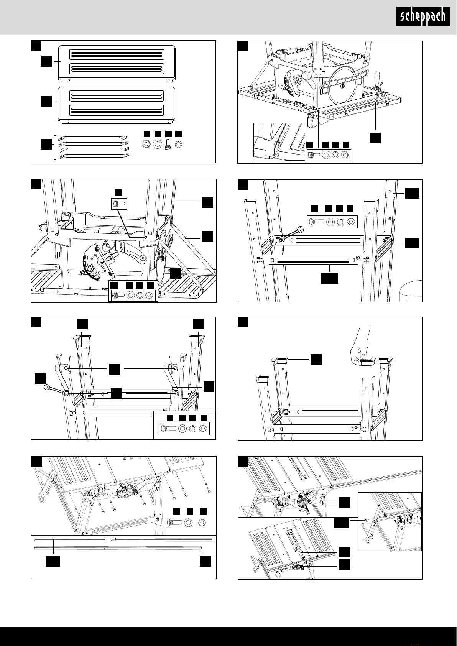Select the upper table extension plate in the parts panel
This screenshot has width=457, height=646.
[x=117, y=62]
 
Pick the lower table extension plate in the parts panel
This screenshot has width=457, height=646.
[x=117, y=104]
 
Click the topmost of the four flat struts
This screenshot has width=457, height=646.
[x=93, y=138]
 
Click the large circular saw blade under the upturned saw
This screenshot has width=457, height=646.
[x=342, y=86]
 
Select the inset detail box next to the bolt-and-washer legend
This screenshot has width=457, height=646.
[x=279, y=141]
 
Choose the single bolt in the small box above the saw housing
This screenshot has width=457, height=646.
[x=118, y=204]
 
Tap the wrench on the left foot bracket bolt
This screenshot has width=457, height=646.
[x=56, y=390]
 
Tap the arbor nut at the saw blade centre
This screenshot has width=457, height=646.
[x=342, y=85]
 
